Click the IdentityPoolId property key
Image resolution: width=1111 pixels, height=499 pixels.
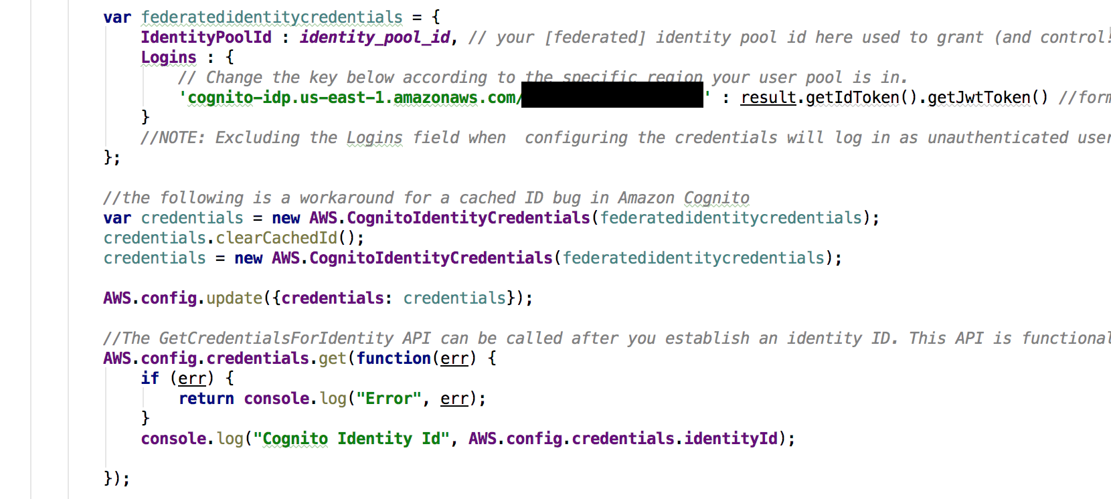click(x=206, y=37)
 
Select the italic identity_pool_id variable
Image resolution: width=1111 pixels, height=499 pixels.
click(x=375, y=37)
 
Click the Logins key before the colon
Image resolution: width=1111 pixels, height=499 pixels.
click(x=169, y=58)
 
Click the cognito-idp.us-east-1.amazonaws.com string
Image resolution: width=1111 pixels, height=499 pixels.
click(x=351, y=98)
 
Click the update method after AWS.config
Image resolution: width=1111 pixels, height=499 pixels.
click(x=234, y=298)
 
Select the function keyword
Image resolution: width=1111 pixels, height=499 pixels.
click(x=394, y=359)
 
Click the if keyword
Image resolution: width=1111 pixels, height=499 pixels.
click(x=150, y=379)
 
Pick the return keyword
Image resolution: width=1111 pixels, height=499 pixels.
click(x=206, y=399)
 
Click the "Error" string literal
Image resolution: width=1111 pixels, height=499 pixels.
click(x=389, y=399)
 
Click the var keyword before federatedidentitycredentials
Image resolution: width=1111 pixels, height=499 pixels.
click(x=117, y=17)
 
